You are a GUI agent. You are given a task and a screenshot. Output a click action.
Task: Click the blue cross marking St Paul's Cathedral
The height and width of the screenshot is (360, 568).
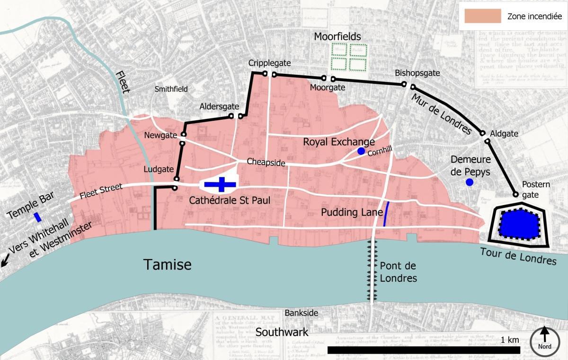click(220, 185)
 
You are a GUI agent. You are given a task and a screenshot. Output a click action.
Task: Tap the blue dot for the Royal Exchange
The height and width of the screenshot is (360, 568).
click(361, 151)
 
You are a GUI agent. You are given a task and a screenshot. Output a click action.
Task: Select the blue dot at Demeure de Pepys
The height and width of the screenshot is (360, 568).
click(469, 182)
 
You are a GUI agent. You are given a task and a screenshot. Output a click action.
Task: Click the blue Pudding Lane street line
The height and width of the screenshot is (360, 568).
click(386, 214)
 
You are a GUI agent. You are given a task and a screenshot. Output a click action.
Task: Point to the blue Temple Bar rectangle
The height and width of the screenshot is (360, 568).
click(37, 217)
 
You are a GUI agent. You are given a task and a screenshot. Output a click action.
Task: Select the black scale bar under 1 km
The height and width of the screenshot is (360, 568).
click(424, 350)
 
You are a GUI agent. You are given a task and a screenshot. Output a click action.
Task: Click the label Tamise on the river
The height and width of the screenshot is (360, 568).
click(168, 264)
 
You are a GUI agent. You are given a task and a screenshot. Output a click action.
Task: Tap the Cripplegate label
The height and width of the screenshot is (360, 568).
click(270, 63)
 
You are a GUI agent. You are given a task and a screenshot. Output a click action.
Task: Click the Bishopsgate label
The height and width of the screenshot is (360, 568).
click(417, 73)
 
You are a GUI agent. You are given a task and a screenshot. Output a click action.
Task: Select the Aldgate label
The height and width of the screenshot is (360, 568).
click(504, 134)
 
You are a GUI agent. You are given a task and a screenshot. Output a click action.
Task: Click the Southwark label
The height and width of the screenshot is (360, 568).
click(282, 332)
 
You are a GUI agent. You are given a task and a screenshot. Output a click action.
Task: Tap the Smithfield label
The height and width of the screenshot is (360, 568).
click(171, 89)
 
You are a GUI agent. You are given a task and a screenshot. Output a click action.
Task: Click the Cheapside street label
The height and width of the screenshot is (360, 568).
click(266, 163)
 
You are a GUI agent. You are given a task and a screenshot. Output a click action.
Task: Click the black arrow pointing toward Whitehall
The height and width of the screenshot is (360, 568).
click(5, 260)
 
